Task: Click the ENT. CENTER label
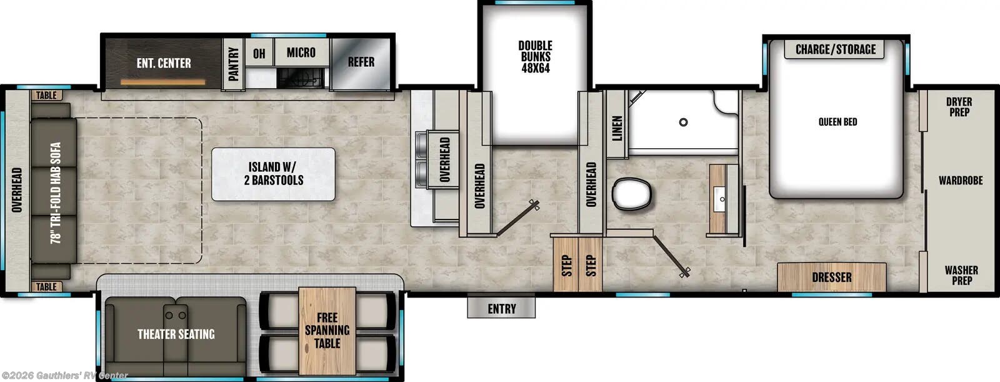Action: click(x=164, y=63)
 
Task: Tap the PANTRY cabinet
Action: click(x=234, y=64)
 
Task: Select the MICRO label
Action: click(x=301, y=53)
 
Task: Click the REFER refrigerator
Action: click(x=361, y=62)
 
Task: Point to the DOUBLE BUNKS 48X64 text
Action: click(x=535, y=57)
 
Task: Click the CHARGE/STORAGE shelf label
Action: click(x=835, y=49)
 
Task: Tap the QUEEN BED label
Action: click(x=837, y=122)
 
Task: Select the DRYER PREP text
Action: click(x=959, y=107)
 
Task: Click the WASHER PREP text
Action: click(x=961, y=275)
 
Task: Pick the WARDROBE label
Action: click(x=960, y=181)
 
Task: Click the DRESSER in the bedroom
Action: click(x=831, y=277)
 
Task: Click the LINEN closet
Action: click(x=617, y=128)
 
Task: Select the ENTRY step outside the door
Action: click(x=501, y=308)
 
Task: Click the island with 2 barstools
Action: click(x=273, y=174)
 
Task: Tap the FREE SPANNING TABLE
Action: click(x=327, y=330)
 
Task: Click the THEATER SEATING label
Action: click(x=176, y=334)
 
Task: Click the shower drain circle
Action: click(x=684, y=123)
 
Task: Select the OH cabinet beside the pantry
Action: click(x=259, y=54)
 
